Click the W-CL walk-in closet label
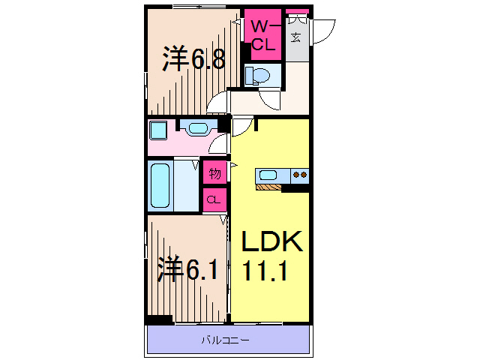(x=262, y=35)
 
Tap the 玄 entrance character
(x=296, y=37)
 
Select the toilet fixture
(x=259, y=75)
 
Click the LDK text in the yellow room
(x=271, y=242)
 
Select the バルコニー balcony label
(x=226, y=341)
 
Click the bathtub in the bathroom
(x=160, y=185)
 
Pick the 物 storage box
(x=214, y=173)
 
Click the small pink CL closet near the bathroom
(x=214, y=199)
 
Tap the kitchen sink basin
(x=268, y=175)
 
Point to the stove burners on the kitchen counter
(x=301, y=175)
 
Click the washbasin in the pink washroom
(x=199, y=128)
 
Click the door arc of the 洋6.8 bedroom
(x=217, y=103)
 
